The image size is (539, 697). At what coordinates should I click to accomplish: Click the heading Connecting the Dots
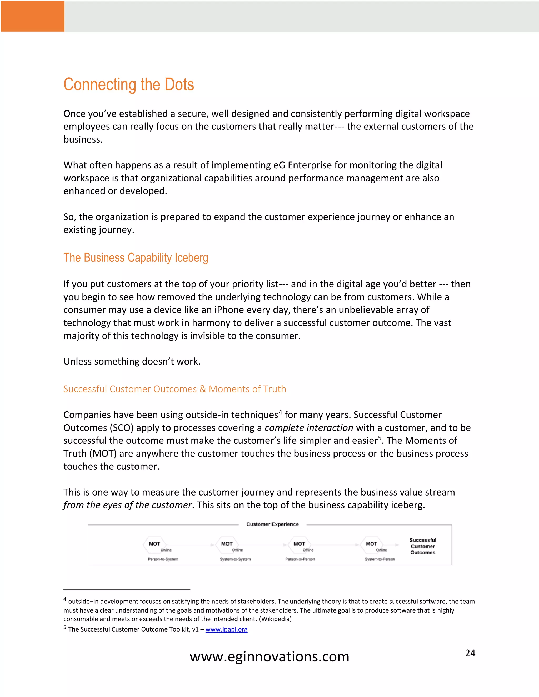[129, 85]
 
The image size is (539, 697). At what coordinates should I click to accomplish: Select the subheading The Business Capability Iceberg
[136, 257]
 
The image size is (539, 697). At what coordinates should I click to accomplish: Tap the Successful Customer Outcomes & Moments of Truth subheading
[175, 389]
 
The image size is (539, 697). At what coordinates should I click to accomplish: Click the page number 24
[470, 653]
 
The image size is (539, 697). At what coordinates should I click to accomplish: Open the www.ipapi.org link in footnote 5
[226, 629]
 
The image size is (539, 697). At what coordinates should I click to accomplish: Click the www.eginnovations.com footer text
[269, 657]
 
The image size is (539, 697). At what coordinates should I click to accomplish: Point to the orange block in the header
[32, 16]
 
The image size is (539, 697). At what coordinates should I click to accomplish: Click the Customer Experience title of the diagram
[272, 524]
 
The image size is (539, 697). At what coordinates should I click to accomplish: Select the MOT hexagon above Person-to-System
[154, 544]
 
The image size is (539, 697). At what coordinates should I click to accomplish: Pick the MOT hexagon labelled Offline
[299, 544]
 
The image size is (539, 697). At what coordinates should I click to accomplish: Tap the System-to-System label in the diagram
[235, 559]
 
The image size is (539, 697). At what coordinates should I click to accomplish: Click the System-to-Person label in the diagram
[380, 559]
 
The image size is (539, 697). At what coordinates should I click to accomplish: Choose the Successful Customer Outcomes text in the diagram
[423, 546]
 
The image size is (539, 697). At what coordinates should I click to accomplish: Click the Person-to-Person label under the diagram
[300, 559]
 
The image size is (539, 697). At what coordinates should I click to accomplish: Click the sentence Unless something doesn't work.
[132, 362]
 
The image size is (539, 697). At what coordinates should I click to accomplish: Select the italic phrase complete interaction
[309, 428]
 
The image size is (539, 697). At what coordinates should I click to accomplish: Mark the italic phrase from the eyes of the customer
[127, 505]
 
